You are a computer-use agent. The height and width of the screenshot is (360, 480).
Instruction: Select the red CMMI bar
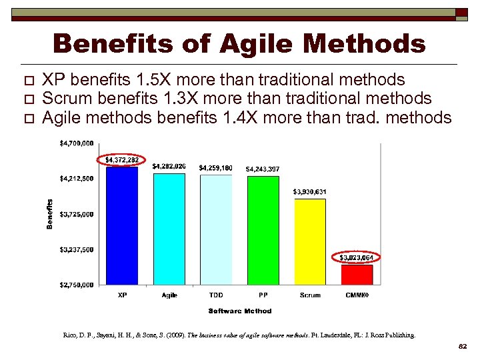click(x=357, y=275)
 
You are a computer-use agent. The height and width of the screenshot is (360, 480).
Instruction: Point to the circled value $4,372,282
click(x=122, y=160)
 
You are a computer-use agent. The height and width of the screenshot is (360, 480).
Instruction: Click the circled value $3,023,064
click(x=357, y=257)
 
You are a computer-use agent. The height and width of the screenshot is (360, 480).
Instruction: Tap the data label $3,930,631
click(x=310, y=192)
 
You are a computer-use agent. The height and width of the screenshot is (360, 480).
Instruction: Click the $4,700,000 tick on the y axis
click(x=77, y=143)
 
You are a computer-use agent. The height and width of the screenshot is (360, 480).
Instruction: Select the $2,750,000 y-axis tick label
click(x=77, y=285)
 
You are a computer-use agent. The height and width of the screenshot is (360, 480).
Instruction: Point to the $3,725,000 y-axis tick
click(x=77, y=214)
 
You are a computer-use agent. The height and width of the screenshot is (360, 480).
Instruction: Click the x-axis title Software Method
click(x=240, y=311)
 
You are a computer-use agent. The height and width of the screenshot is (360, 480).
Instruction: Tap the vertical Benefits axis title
click(x=50, y=214)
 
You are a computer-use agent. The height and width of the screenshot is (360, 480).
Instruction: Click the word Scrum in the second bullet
click(x=65, y=99)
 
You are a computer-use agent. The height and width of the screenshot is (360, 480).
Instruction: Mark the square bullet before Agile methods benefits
click(x=27, y=119)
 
